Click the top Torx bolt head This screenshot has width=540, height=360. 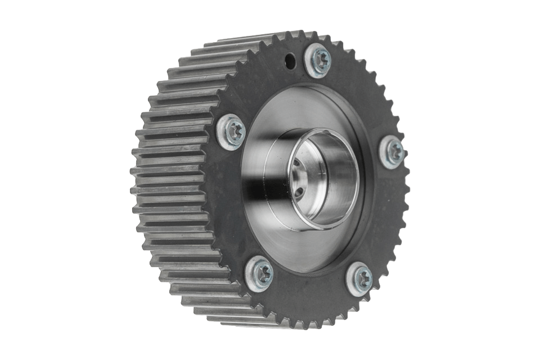[319, 60]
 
